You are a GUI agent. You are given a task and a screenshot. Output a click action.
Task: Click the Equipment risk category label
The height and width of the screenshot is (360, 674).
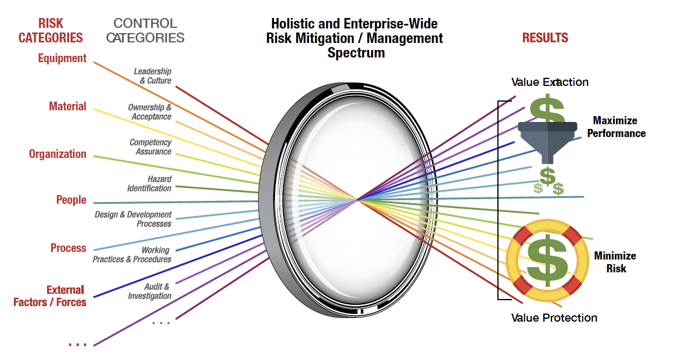point(62,58)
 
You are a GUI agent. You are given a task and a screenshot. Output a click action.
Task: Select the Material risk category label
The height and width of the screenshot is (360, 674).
point(67,106)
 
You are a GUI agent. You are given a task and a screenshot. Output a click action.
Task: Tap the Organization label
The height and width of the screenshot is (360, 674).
point(58,154)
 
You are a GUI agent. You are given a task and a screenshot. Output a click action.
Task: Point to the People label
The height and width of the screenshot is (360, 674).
point(71,200)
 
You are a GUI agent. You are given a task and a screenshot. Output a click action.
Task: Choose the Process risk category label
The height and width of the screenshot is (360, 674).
point(68,248)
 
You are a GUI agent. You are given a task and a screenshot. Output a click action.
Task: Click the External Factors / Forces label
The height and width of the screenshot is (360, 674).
point(50,296)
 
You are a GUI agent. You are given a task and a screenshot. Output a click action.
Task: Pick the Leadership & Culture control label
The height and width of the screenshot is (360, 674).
point(153,76)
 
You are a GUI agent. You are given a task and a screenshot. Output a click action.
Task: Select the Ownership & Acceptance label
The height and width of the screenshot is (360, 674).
point(150,112)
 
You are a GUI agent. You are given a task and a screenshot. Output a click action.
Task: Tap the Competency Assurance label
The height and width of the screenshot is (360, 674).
point(150,147)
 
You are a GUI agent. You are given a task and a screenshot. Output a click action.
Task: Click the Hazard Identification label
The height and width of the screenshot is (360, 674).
point(150,183)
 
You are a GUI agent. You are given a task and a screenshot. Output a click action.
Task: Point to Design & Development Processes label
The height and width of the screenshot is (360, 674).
point(134,219)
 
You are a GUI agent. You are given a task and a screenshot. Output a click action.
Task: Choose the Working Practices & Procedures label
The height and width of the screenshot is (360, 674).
point(132,254)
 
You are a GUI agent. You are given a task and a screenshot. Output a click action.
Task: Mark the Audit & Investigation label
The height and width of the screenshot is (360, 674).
point(150,291)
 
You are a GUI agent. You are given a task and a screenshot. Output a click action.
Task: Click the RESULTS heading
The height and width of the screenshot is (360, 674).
point(545,38)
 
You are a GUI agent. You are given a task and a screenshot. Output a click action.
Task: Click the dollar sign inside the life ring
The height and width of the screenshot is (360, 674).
point(544,260)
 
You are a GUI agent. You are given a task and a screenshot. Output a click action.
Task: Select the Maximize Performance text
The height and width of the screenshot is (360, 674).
point(619,127)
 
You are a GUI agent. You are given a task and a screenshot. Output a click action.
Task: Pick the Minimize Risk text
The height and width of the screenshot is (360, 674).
point(615,262)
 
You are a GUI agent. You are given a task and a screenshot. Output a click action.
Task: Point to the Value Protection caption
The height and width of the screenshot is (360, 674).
point(554,318)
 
